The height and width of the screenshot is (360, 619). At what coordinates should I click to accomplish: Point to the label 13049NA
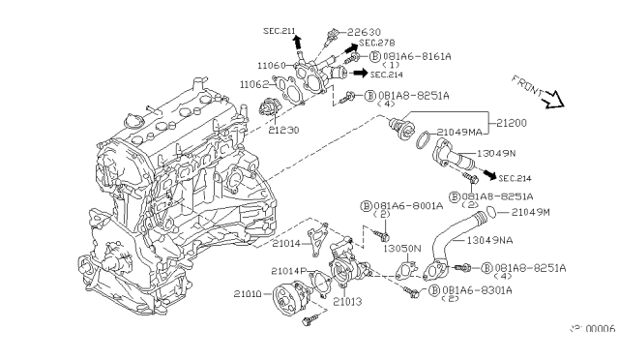(x=491, y=239)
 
